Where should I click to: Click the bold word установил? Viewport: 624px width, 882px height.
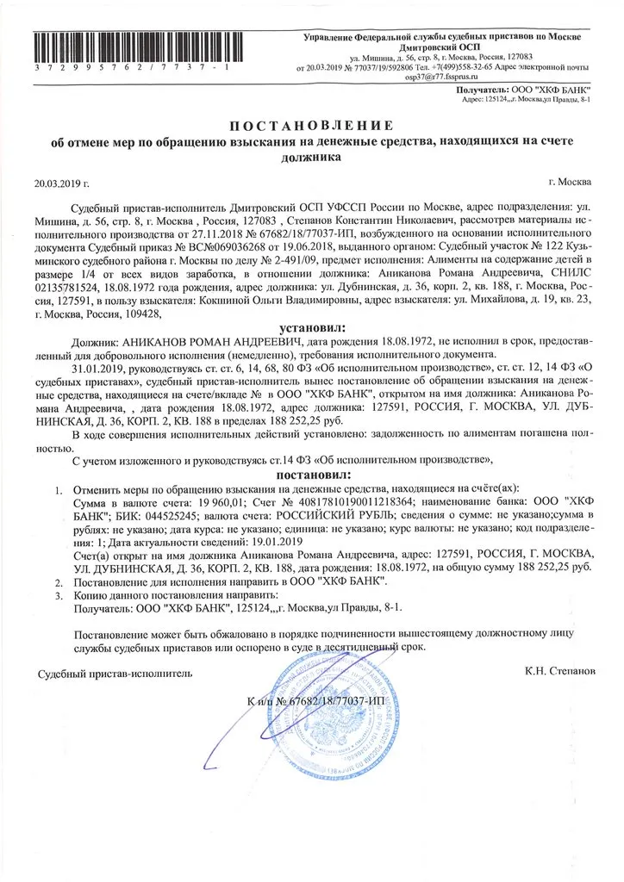tap(312, 327)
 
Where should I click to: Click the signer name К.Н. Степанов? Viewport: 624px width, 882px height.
tap(555, 669)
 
